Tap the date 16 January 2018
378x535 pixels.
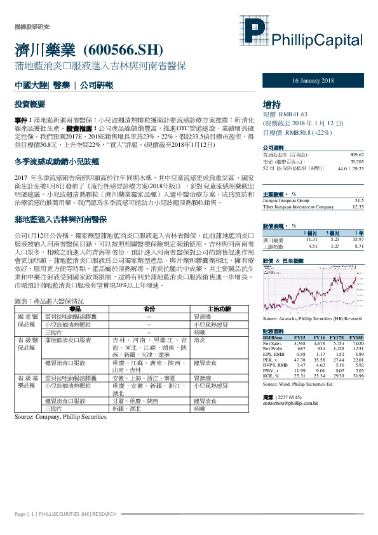click(313, 81)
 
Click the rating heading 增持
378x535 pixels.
click(271, 104)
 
